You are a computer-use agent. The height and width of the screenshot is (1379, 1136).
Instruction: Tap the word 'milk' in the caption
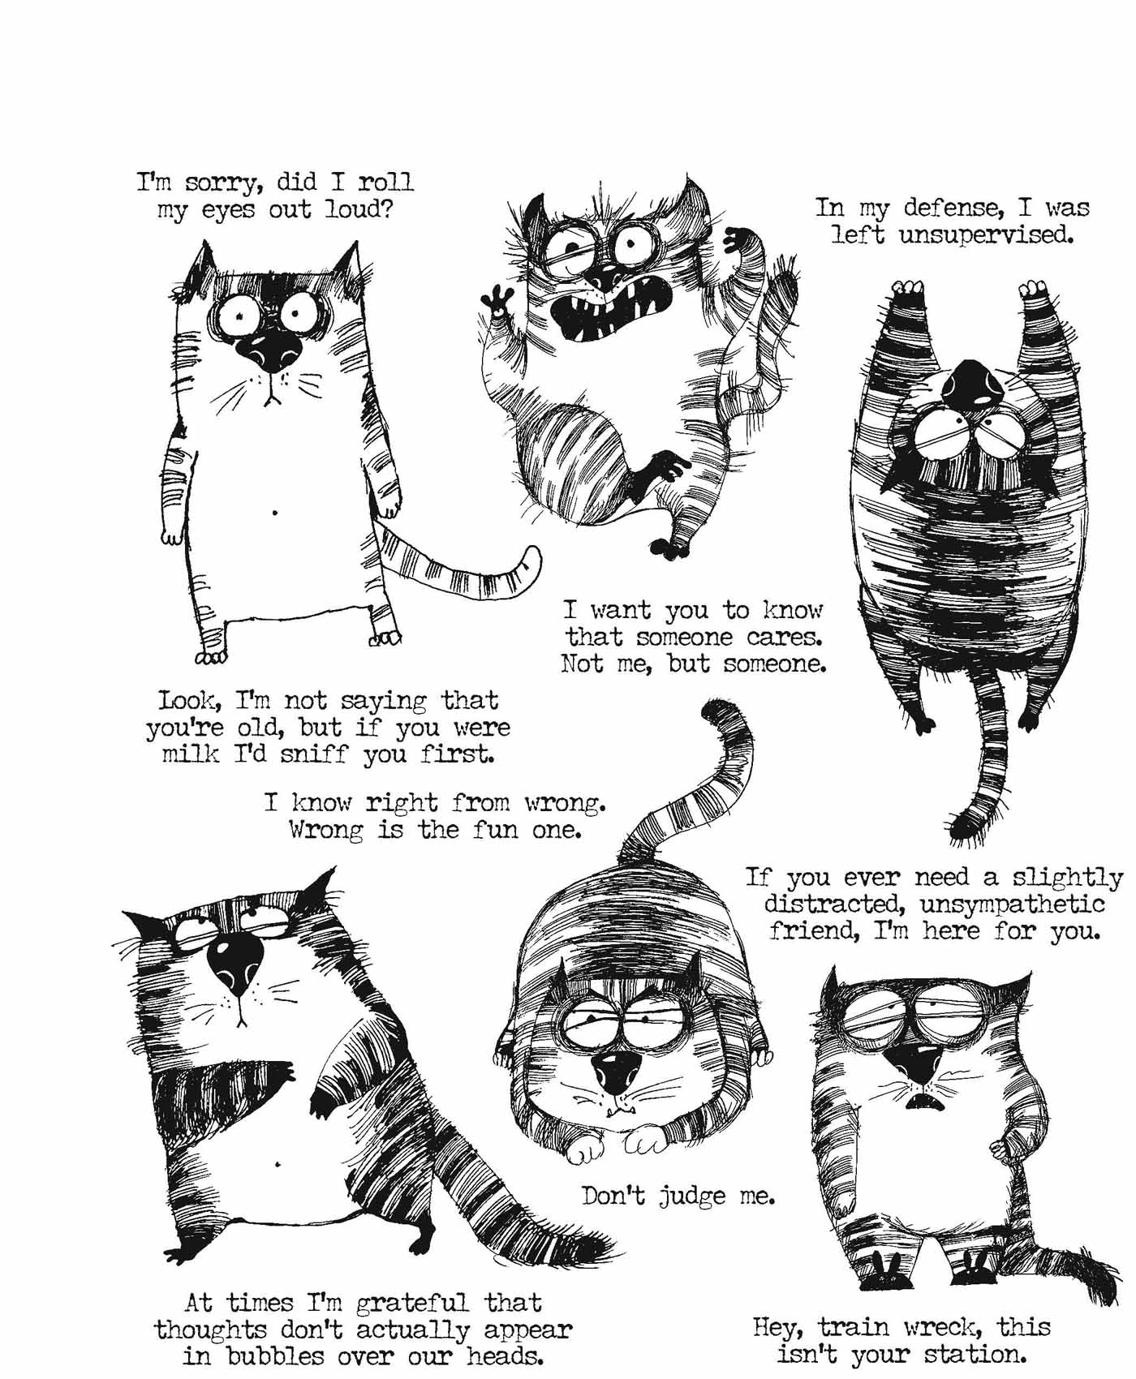191,754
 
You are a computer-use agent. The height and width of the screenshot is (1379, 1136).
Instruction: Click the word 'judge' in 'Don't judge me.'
690,1196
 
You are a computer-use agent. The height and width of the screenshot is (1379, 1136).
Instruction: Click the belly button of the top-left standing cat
275,513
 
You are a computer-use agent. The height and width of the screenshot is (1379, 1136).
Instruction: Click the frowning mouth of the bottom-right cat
919,1102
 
